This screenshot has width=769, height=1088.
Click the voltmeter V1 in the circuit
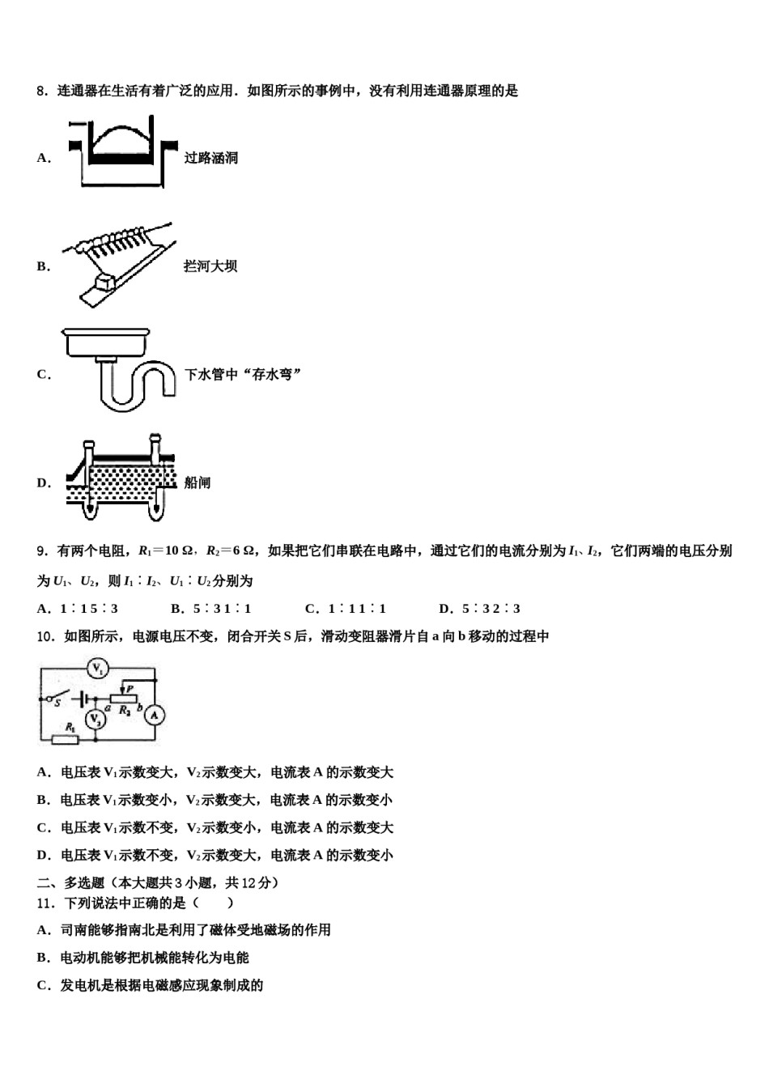(x=98, y=668)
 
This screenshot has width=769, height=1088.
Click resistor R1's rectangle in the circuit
(x=65, y=739)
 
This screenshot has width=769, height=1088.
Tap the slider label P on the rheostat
(x=130, y=688)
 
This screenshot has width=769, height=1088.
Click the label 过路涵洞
(x=211, y=158)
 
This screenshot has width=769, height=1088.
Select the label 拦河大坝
(x=210, y=266)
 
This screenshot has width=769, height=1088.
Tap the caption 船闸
(x=198, y=482)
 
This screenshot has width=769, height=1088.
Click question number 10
(x=45, y=636)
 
